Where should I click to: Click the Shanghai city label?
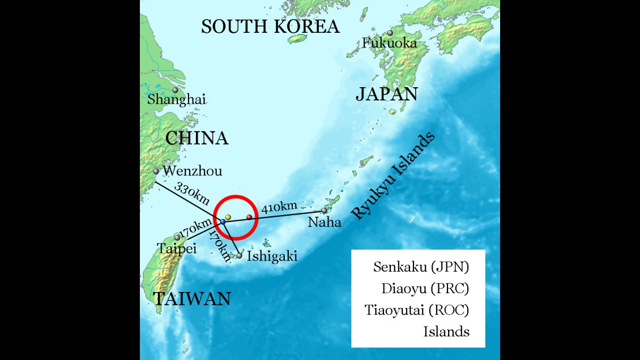coord(176,100)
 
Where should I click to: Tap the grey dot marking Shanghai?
coord(175,90)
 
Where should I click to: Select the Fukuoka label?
coord(390,42)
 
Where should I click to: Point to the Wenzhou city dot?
coord(156,171)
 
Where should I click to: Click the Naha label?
coord(325,222)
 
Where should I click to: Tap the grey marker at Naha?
coord(325,211)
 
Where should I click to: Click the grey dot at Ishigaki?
coord(240,256)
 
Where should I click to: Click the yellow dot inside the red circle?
coord(228,217)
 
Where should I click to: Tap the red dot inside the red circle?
coord(249,217)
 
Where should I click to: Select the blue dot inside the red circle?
coord(223,222)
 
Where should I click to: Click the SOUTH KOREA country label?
coord(270,27)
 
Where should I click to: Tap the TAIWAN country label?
coord(191,298)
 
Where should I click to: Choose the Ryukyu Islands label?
coord(393,176)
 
